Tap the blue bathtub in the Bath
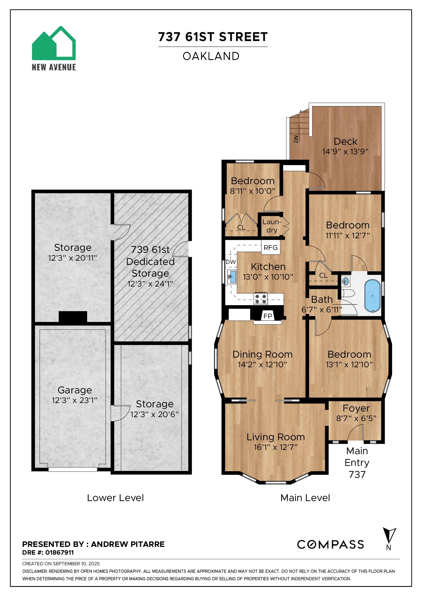372,296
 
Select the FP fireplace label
268,316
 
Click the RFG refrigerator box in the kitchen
270,248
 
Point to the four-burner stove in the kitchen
261,299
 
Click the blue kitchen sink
232,277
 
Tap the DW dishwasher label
231,262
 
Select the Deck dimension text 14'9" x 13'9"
345,152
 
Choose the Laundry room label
272,226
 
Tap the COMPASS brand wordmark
330,544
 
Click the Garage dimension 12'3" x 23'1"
75,400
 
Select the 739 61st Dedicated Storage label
150,261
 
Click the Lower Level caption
115,498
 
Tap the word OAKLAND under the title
211,56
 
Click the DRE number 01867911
59,552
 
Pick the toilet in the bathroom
348,294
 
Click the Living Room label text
275,437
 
